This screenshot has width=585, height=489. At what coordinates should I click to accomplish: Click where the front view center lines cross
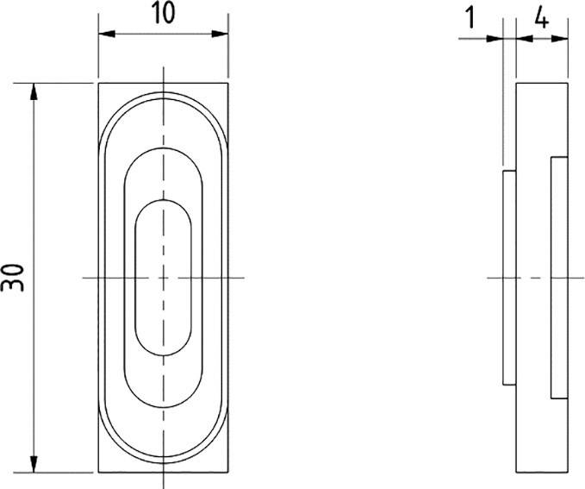click(163, 278)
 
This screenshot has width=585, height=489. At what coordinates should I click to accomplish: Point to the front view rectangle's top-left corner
click(98, 84)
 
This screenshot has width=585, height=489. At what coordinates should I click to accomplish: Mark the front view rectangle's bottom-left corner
click(98, 473)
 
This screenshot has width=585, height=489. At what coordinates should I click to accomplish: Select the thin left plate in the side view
click(508, 278)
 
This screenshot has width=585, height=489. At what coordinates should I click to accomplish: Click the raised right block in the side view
click(559, 278)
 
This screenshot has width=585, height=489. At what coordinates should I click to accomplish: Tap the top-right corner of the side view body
click(568, 84)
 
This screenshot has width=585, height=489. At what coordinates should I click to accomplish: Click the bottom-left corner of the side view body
click(515, 473)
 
